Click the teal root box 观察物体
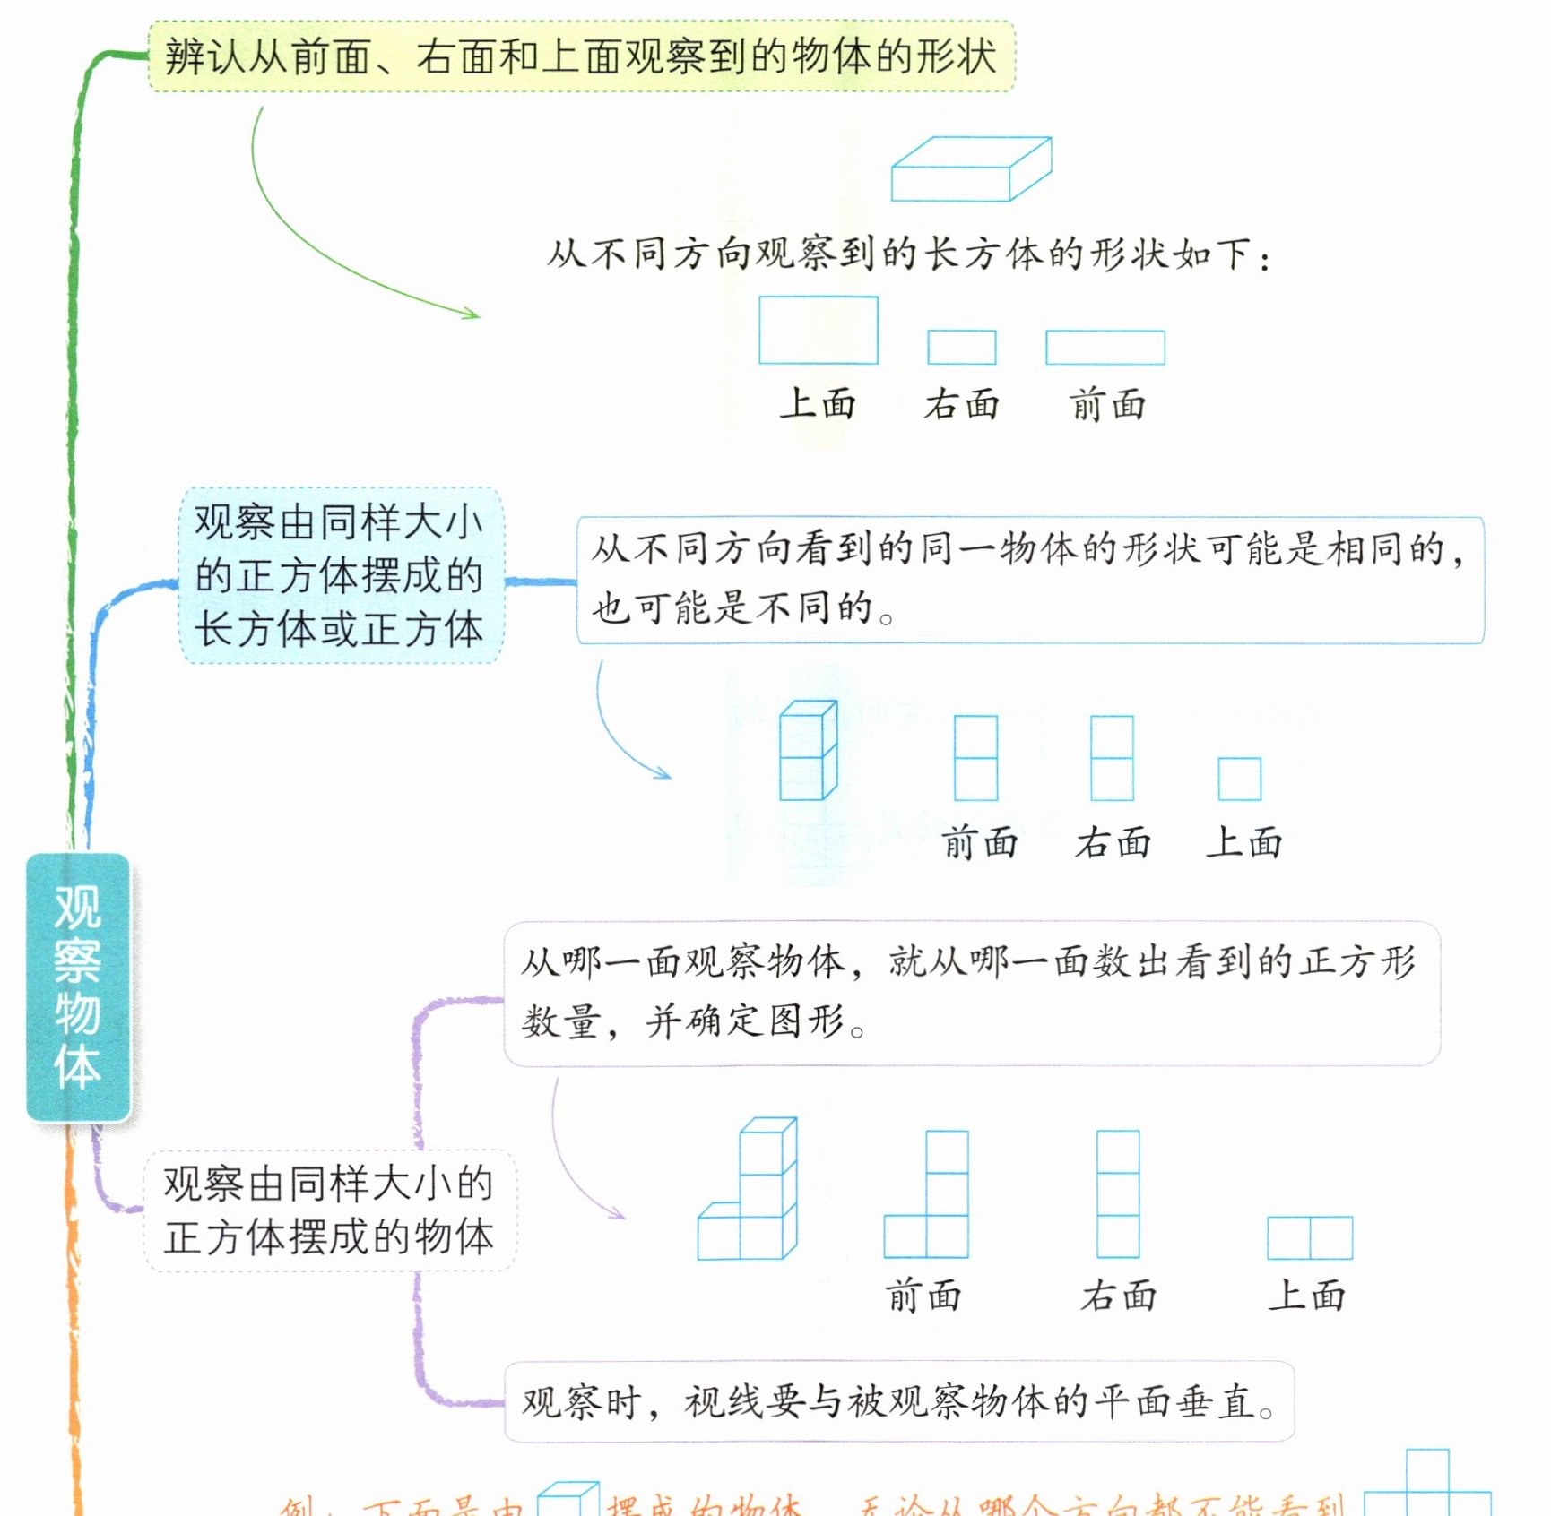[x=78, y=986]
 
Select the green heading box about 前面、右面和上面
[x=581, y=56]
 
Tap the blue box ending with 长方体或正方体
[x=341, y=575]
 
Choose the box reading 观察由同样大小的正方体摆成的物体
[x=329, y=1210]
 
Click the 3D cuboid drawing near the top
[x=970, y=169]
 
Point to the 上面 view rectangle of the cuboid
[x=818, y=330]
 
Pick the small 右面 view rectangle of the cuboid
[x=961, y=347]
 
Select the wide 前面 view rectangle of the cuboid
[x=1105, y=347]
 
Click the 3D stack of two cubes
[x=808, y=751]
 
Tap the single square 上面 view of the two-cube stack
[x=1239, y=779]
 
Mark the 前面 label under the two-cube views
[x=979, y=843]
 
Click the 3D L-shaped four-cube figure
[x=750, y=1190]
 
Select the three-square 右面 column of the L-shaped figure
[x=1118, y=1193]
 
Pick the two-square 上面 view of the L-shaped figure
[x=1309, y=1237]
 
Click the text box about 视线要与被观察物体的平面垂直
[x=898, y=1401]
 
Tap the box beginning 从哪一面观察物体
[x=971, y=993]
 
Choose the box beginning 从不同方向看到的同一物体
[x=1029, y=580]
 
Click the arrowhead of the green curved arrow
[x=472, y=314]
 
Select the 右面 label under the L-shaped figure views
[x=1118, y=1296]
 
